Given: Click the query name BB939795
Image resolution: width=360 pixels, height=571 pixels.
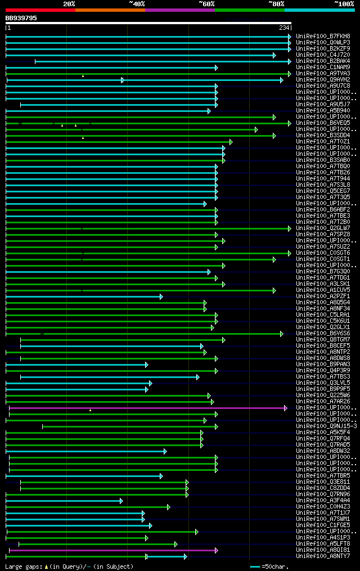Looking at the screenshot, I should (21, 18).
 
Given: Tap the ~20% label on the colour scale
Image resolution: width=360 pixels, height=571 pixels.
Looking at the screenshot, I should (69, 3).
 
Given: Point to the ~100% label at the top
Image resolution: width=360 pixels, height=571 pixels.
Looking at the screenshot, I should (344, 3).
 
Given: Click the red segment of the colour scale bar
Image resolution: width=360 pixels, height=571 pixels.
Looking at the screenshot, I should (40, 10).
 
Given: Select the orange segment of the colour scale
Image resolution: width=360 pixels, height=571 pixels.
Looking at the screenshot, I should (110, 10).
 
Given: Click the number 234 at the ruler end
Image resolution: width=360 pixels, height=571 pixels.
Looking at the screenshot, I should (283, 28).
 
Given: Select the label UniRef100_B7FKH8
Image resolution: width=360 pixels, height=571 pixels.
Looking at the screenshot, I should (323, 37).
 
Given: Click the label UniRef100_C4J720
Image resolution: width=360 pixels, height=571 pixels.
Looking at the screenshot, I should (323, 55).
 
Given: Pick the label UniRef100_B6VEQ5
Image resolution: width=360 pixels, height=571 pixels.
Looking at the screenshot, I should (323, 123).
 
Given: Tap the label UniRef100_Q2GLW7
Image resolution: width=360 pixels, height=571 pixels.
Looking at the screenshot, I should (323, 228).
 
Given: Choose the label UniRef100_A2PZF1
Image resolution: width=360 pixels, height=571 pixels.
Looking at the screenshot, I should (323, 296).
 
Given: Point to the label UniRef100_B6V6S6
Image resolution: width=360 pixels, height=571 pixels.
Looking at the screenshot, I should (323, 334).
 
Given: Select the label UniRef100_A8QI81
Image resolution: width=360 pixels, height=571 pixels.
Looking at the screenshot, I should (323, 550).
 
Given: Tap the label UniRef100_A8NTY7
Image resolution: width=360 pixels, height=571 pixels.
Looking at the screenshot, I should (323, 556).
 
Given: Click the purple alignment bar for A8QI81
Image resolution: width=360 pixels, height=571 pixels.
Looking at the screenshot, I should (112, 550).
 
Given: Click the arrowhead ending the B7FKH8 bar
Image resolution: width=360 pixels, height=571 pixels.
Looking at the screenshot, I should (290, 37).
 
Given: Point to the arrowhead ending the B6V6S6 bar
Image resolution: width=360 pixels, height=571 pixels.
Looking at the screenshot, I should (281, 334).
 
